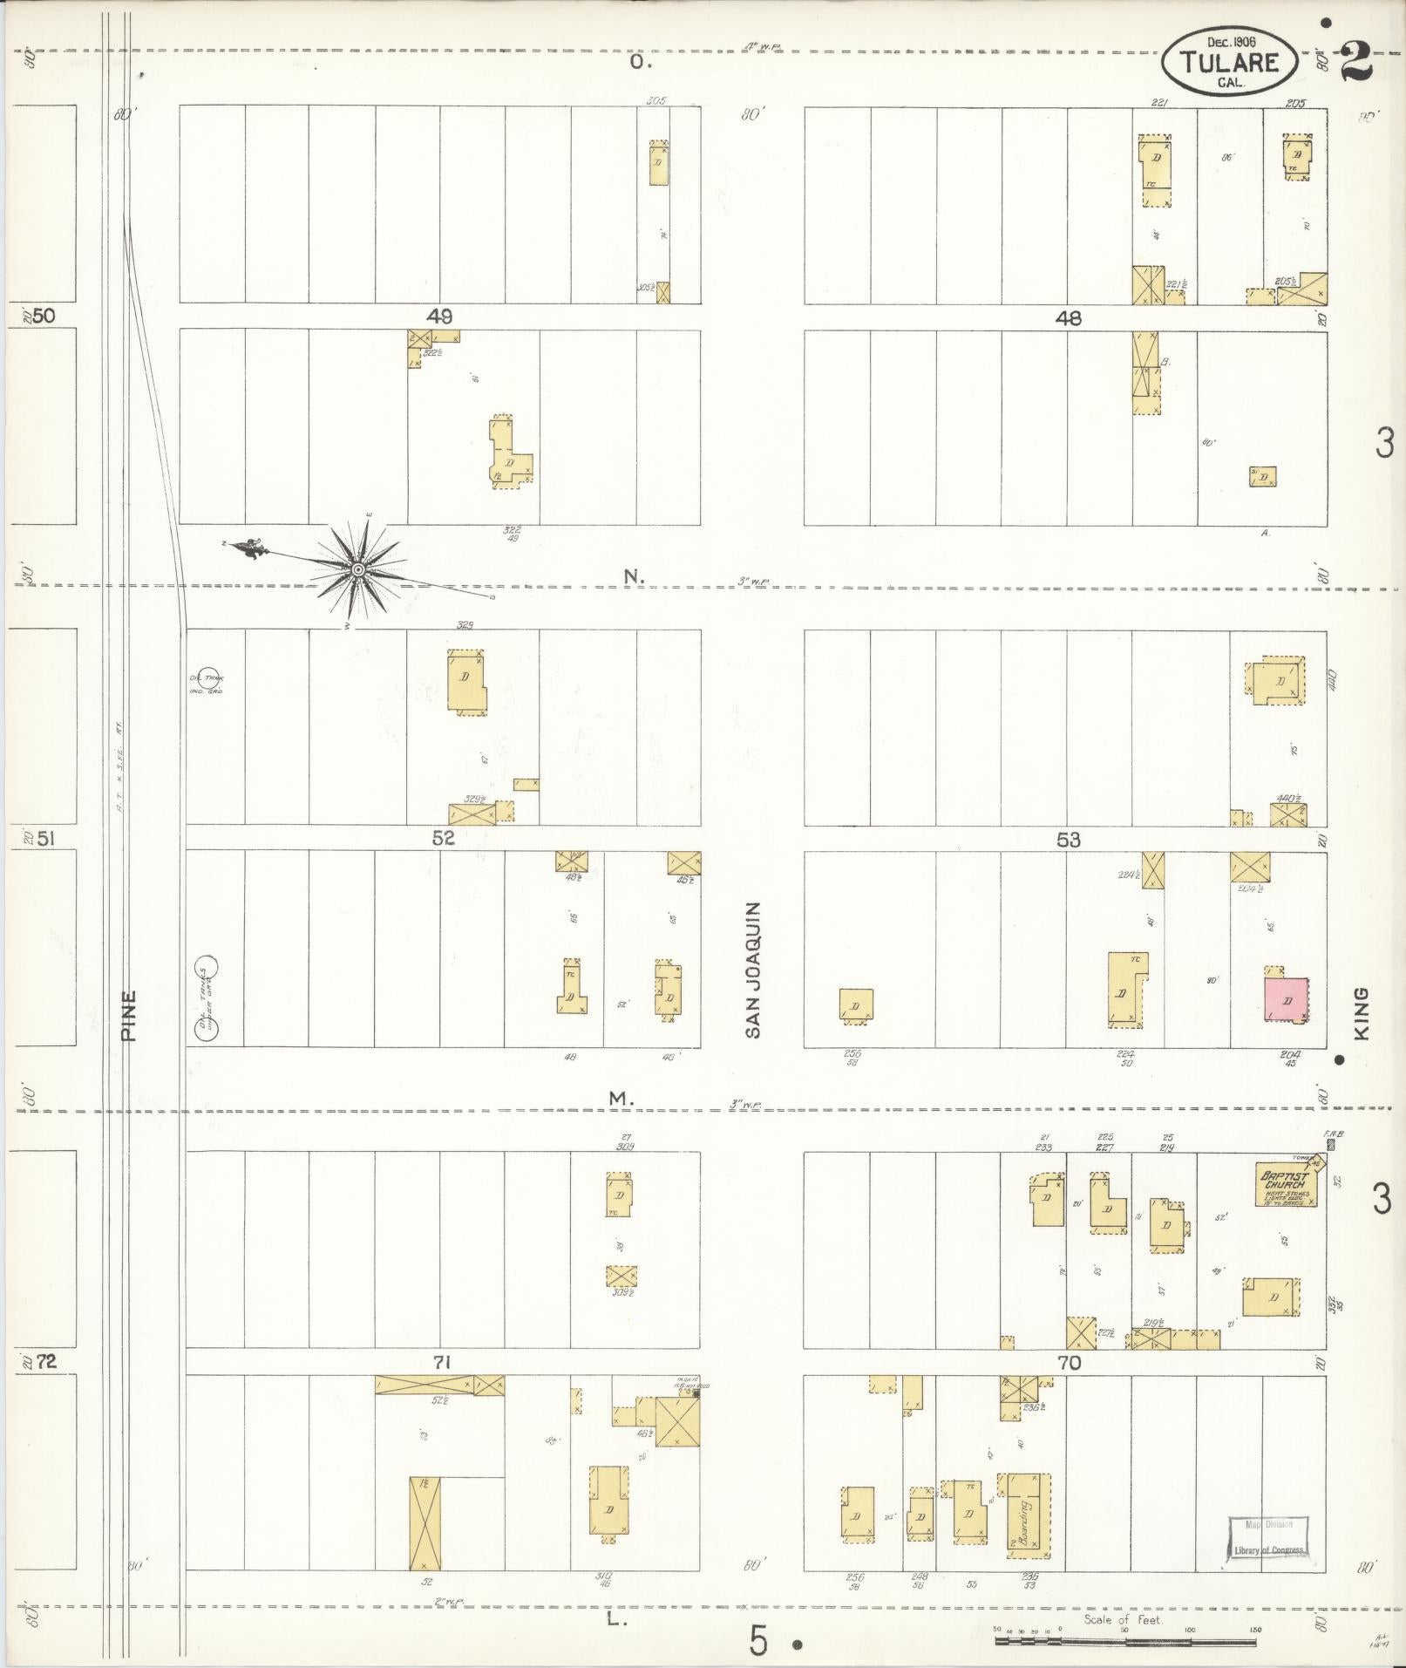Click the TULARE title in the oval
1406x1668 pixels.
click(x=1231, y=63)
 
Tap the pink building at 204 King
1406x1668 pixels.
click(x=1287, y=999)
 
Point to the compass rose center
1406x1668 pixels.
click(x=357, y=569)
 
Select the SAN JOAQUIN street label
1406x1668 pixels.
click(x=753, y=970)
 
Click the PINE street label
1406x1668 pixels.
click(x=129, y=1016)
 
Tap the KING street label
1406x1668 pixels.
click(x=1362, y=1012)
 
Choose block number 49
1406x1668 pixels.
click(x=438, y=316)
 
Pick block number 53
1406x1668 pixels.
click(x=1068, y=839)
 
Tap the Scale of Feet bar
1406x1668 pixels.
click(x=1124, y=1641)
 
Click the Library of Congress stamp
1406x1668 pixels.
click(x=1268, y=1541)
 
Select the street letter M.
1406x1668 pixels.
click(x=620, y=1100)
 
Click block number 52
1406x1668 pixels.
click(x=443, y=839)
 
